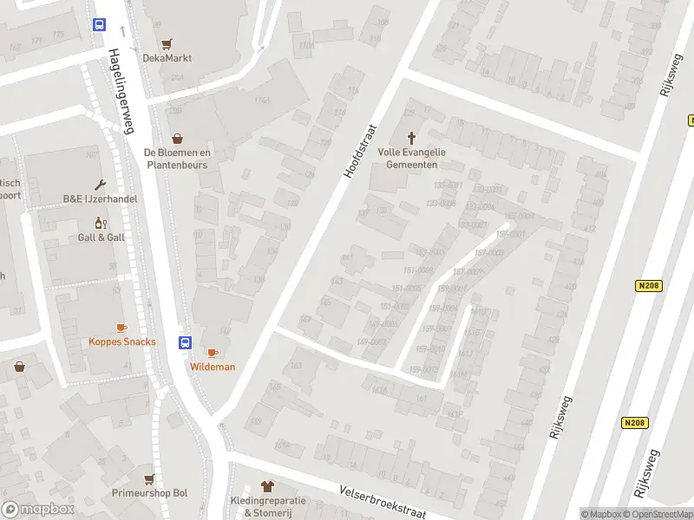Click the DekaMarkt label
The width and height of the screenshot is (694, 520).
click(x=167, y=58)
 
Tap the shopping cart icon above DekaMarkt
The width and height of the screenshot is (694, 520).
click(x=167, y=43)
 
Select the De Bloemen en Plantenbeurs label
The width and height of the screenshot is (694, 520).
click(x=177, y=158)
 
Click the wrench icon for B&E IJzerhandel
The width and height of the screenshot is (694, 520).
click(x=100, y=185)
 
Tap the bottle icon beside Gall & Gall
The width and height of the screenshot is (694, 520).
click(x=100, y=223)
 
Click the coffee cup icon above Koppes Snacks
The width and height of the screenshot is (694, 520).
click(x=121, y=328)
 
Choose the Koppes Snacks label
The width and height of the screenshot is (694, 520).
click(x=122, y=341)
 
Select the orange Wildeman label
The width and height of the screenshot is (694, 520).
click(x=213, y=367)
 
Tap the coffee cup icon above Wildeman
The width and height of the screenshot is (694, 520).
click(x=213, y=353)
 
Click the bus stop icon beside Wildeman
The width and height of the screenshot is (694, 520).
click(x=185, y=342)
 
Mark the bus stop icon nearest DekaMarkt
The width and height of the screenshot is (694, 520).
click(x=100, y=25)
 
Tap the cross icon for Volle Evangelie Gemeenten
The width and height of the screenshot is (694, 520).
click(x=411, y=138)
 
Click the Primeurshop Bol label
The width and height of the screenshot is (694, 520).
click(x=149, y=493)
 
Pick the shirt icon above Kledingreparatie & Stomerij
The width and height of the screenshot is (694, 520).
click(x=266, y=487)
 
